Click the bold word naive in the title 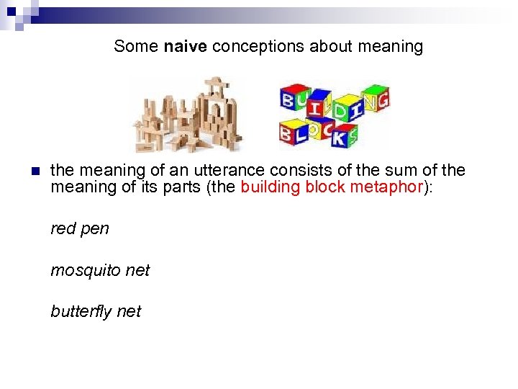point(186,47)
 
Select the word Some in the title point(136,47)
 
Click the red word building point(272,188)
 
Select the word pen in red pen point(96,229)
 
